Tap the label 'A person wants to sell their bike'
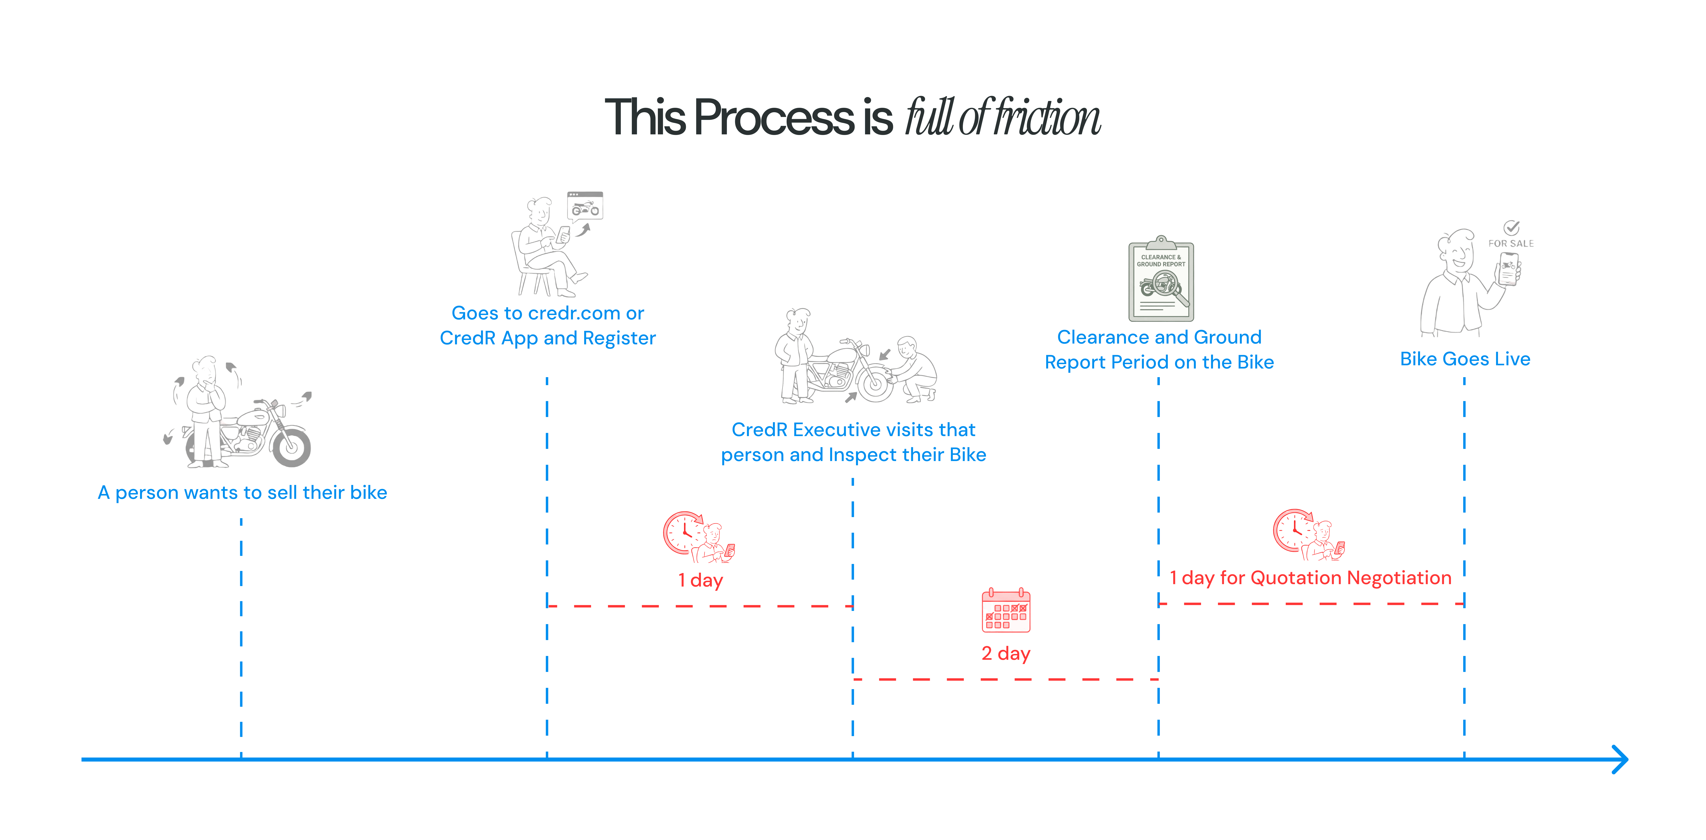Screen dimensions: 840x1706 242,492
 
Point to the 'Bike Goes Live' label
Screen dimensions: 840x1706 1465,359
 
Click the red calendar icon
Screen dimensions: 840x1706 1005,610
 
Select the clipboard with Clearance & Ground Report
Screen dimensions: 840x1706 1161,280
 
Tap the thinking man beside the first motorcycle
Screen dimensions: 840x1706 205,410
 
